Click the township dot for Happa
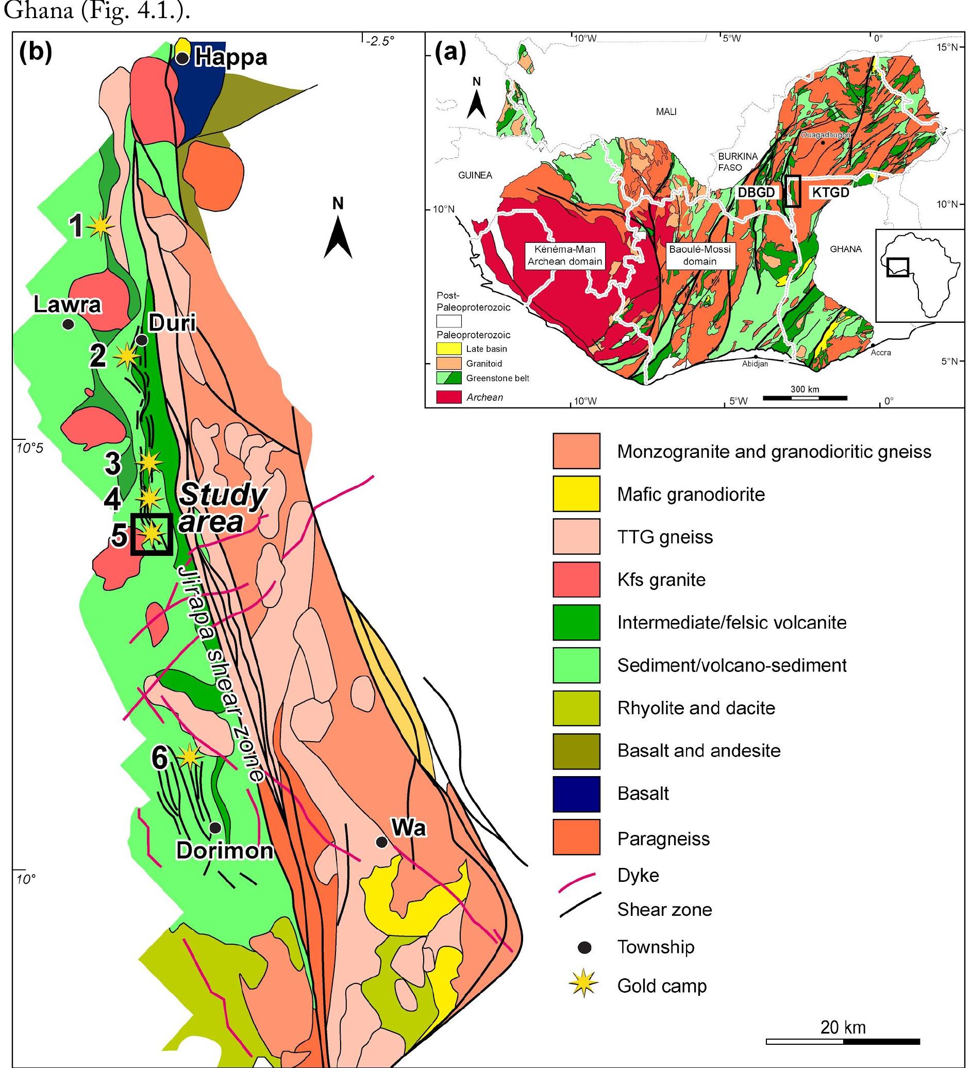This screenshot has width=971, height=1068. (182, 58)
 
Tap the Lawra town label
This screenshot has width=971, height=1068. (66, 306)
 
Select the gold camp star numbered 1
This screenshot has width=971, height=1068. (100, 226)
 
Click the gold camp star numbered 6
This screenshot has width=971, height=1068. (190, 757)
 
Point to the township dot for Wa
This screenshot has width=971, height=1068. (381, 842)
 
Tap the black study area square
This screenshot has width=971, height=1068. (152, 534)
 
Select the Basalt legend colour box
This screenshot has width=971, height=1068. (576, 794)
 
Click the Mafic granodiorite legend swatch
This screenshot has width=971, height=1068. (576, 494)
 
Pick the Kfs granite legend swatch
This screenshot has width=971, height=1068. (576, 580)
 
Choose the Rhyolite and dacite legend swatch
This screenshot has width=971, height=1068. (576, 708)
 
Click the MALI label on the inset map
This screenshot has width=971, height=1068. (666, 112)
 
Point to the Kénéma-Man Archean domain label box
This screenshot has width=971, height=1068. (564, 255)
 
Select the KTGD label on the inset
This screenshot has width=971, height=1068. (830, 192)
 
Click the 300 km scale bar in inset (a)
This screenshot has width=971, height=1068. (804, 397)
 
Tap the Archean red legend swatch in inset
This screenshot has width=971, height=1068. (448, 397)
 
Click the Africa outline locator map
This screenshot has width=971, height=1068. (918, 275)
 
